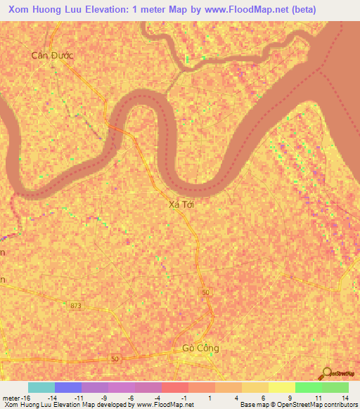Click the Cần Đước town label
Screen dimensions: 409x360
pos(53,55)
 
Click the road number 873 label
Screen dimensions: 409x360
pos(76,305)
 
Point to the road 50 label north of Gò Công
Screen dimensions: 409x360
pos(205,292)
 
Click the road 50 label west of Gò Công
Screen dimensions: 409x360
pos(115,358)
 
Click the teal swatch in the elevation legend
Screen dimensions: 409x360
pos(41,387)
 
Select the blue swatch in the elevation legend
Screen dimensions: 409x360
pos(68,387)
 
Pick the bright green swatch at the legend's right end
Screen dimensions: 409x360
pos(335,387)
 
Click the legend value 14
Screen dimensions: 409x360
pos(345,398)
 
